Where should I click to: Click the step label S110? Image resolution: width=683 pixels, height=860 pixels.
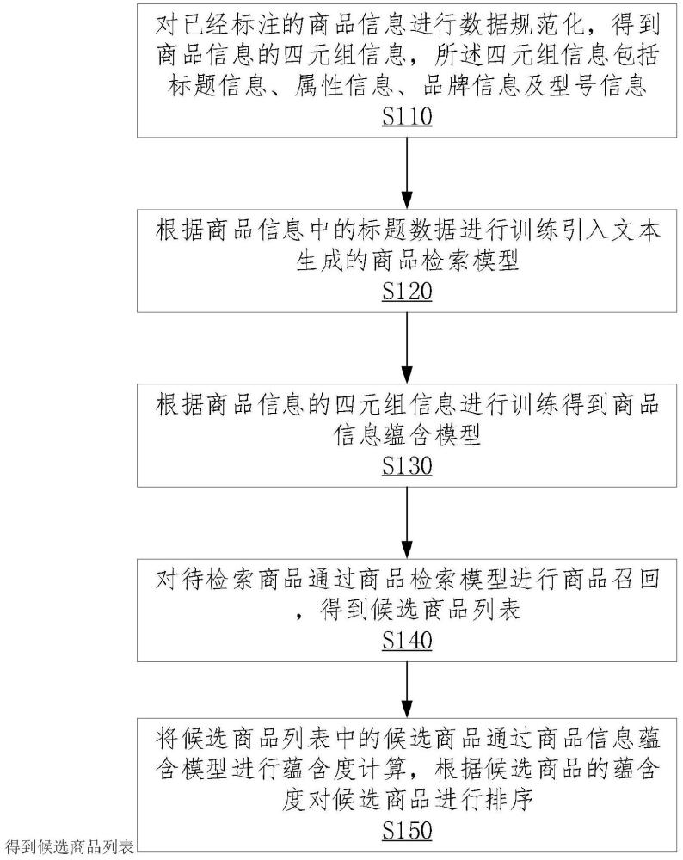click(407, 117)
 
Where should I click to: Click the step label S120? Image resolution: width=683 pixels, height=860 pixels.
click(407, 292)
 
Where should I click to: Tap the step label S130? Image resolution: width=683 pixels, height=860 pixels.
click(407, 465)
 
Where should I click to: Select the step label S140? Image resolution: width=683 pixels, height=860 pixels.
click(407, 640)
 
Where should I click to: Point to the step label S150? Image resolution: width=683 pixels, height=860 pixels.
click(407, 830)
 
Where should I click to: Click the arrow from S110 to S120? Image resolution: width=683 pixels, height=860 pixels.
click(407, 173)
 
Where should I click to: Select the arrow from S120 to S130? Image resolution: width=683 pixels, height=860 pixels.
click(407, 347)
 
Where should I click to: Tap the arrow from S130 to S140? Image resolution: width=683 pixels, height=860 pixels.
click(407, 522)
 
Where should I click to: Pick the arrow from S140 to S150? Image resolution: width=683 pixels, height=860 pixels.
click(407, 689)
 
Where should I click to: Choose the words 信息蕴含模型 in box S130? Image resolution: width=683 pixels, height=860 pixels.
click(407, 435)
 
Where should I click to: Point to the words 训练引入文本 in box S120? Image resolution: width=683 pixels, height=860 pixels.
click(584, 230)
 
